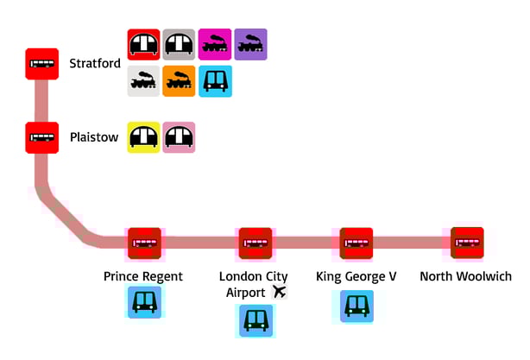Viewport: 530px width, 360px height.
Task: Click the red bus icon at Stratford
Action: pos(42,65)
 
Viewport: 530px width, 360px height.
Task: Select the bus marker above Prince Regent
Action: pos(144,243)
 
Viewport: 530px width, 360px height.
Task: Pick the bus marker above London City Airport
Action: pos(256,243)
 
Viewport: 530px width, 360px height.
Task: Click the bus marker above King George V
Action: pos(356,243)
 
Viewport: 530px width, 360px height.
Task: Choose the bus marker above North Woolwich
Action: pos(467,243)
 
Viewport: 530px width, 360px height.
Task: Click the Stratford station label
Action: pos(95,63)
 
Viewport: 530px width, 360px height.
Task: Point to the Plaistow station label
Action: pos(93,137)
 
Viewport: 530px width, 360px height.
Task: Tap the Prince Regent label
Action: pos(143,276)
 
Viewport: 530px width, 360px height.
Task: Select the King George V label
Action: pos(356,276)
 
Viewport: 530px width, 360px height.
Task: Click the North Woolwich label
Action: pos(465,276)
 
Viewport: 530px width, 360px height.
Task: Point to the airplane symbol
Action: pos(278,292)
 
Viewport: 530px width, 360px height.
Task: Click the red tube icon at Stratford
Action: pos(143,44)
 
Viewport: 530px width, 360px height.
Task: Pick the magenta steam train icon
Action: pos(215,44)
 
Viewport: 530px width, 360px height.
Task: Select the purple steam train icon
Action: pos(250,44)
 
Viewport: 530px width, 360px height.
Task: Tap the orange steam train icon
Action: pos(180,81)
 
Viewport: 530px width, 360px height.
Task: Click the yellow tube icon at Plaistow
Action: pos(143,137)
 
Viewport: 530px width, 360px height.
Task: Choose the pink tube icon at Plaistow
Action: pos(180,137)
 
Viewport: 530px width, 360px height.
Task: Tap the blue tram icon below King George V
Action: pos(356,306)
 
